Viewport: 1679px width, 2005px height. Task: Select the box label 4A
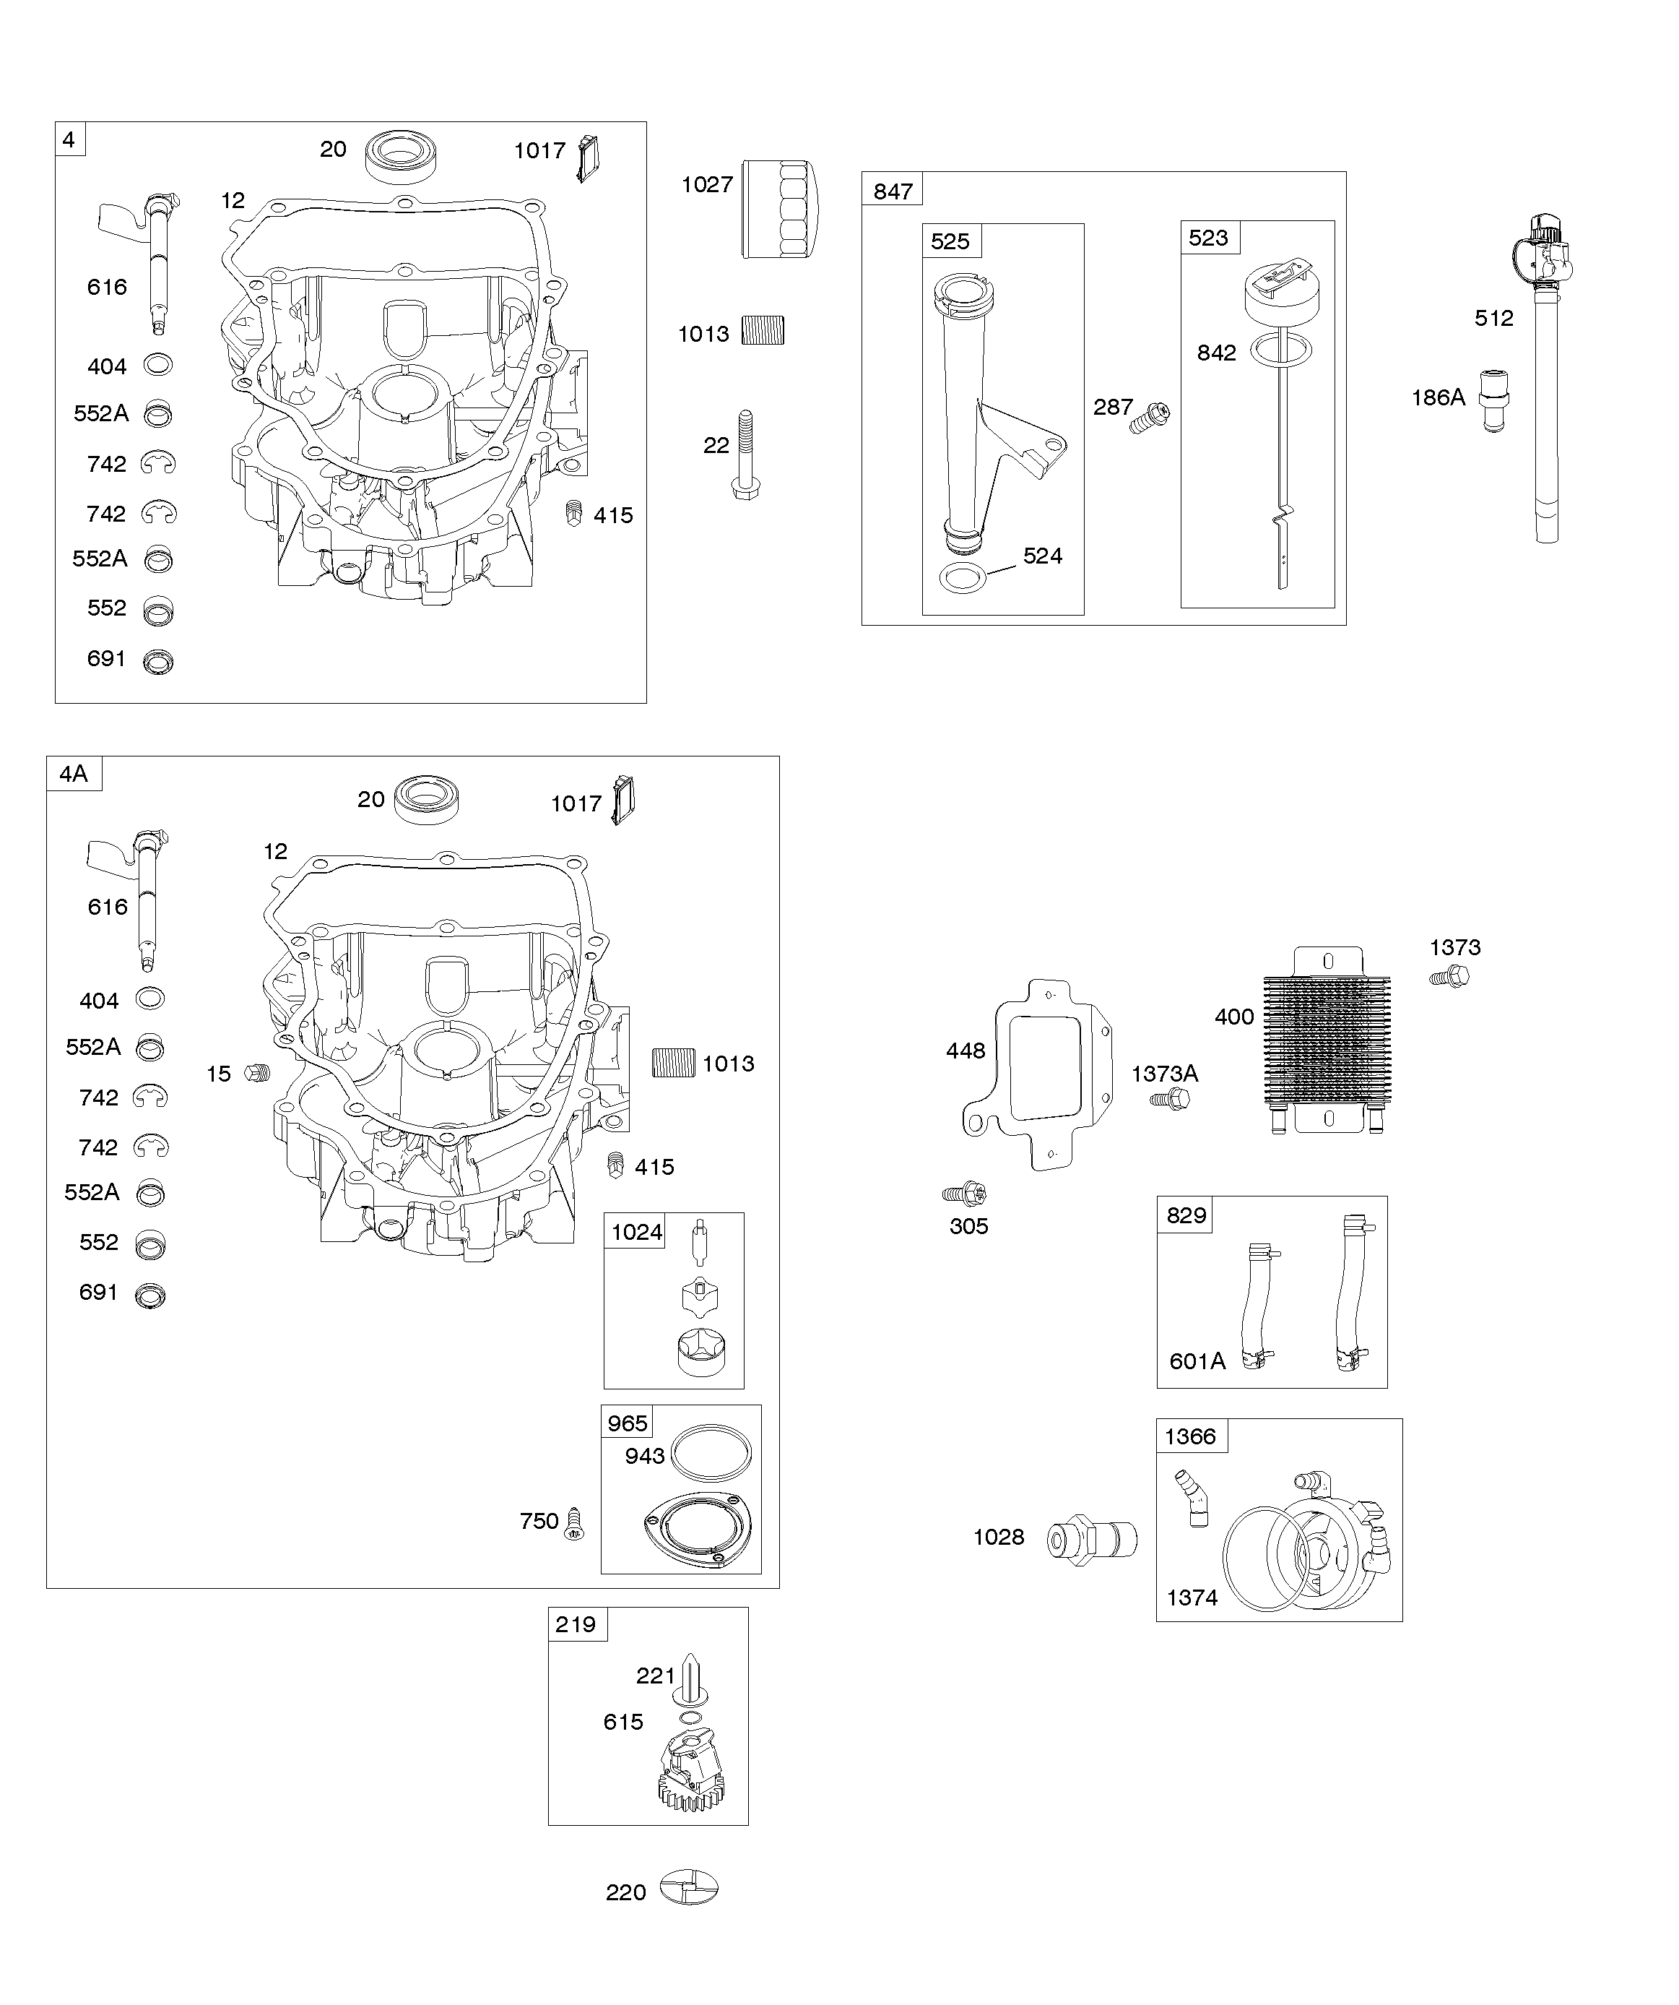(x=74, y=773)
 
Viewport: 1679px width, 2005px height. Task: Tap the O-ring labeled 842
(x=1278, y=350)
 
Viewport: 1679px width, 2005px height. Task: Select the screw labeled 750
(x=573, y=1523)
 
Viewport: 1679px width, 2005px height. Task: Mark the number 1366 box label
(x=1189, y=1437)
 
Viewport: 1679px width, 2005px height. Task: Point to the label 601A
(x=1197, y=1361)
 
